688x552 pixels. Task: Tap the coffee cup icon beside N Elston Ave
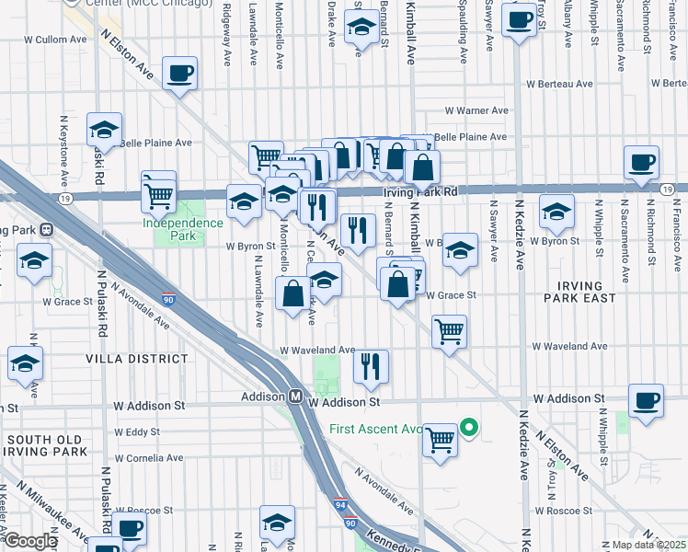click(179, 74)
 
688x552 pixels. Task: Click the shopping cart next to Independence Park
click(158, 193)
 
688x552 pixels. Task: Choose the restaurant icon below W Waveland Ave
click(371, 366)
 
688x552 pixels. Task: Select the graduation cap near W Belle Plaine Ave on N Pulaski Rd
click(104, 131)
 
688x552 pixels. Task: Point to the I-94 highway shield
click(340, 504)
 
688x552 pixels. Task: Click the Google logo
click(30, 541)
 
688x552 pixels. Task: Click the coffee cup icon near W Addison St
click(646, 401)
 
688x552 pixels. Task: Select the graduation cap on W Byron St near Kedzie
click(556, 213)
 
